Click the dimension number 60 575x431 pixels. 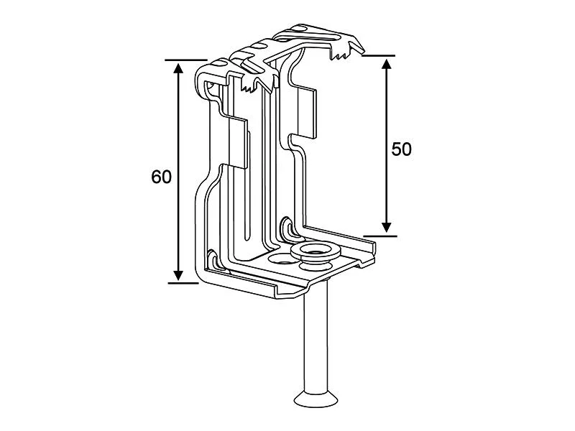tap(162, 176)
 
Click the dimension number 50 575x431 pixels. tap(401, 149)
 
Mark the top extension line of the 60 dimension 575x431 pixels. tap(183, 60)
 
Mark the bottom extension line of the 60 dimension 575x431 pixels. tap(183, 282)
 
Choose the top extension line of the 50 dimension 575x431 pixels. tap(379, 55)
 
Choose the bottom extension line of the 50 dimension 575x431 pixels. tap(379, 234)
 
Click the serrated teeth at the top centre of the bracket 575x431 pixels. tap(252, 86)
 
